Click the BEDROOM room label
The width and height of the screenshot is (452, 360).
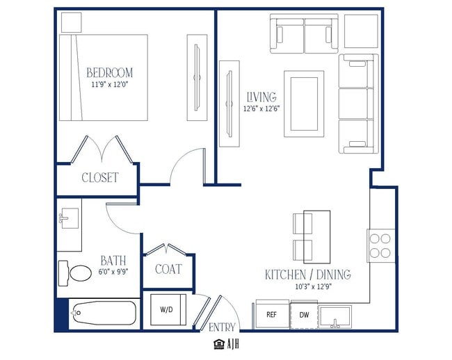tap(110, 72)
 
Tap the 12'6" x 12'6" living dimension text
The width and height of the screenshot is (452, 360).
tap(261, 109)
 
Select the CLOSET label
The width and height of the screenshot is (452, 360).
tap(100, 177)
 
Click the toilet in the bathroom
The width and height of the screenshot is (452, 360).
tap(74, 273)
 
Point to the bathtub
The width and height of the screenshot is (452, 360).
tap(104, 313)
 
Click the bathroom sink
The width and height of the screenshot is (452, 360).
tap(69, 218)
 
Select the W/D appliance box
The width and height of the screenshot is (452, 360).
tap(168, 309)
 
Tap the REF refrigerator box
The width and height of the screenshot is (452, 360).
tap(272, 314)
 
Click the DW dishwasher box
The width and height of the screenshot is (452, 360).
tap(304, 315)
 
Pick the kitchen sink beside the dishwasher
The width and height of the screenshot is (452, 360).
tap(334, 317)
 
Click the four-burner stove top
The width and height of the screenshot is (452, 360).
tap(380, 245)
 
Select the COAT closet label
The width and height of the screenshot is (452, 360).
tap(169, 269)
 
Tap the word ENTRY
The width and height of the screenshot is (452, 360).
tap(222, 327)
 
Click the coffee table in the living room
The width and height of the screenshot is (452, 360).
tap(304, 104)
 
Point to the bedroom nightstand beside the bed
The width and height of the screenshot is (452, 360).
tap(72, 22)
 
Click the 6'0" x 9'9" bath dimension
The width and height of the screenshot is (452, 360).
tap(113, 272)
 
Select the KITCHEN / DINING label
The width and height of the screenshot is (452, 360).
tap(308, 275)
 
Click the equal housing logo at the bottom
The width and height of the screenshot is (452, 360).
tap(219, 344)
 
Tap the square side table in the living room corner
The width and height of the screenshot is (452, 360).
tap(361, 31)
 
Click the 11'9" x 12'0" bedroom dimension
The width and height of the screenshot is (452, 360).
tap(110, 85)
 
